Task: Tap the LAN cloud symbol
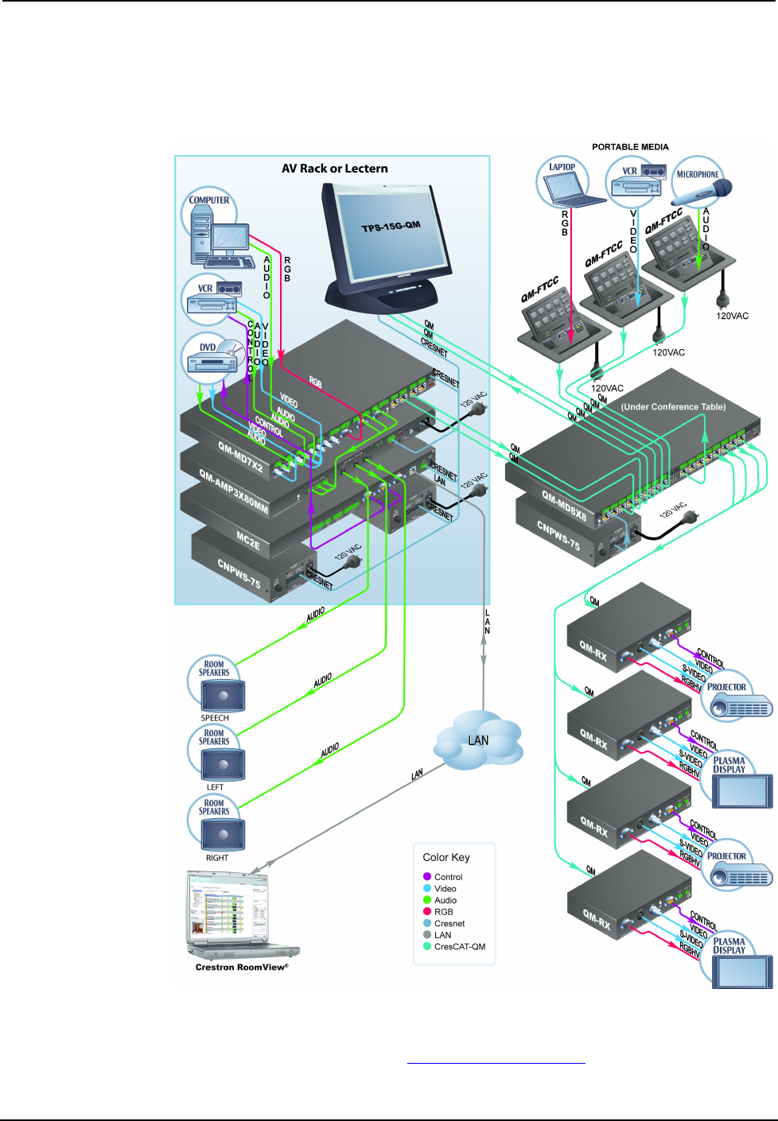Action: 478,741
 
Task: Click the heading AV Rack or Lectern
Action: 335,169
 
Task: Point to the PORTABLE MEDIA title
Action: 630,147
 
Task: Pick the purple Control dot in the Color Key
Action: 427,877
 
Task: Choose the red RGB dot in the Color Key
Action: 427,912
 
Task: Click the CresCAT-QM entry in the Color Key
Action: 459,947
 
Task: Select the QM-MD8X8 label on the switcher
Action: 564,506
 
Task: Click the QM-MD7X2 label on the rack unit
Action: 240,457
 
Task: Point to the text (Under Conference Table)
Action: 673,407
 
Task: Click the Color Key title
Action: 446,857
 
